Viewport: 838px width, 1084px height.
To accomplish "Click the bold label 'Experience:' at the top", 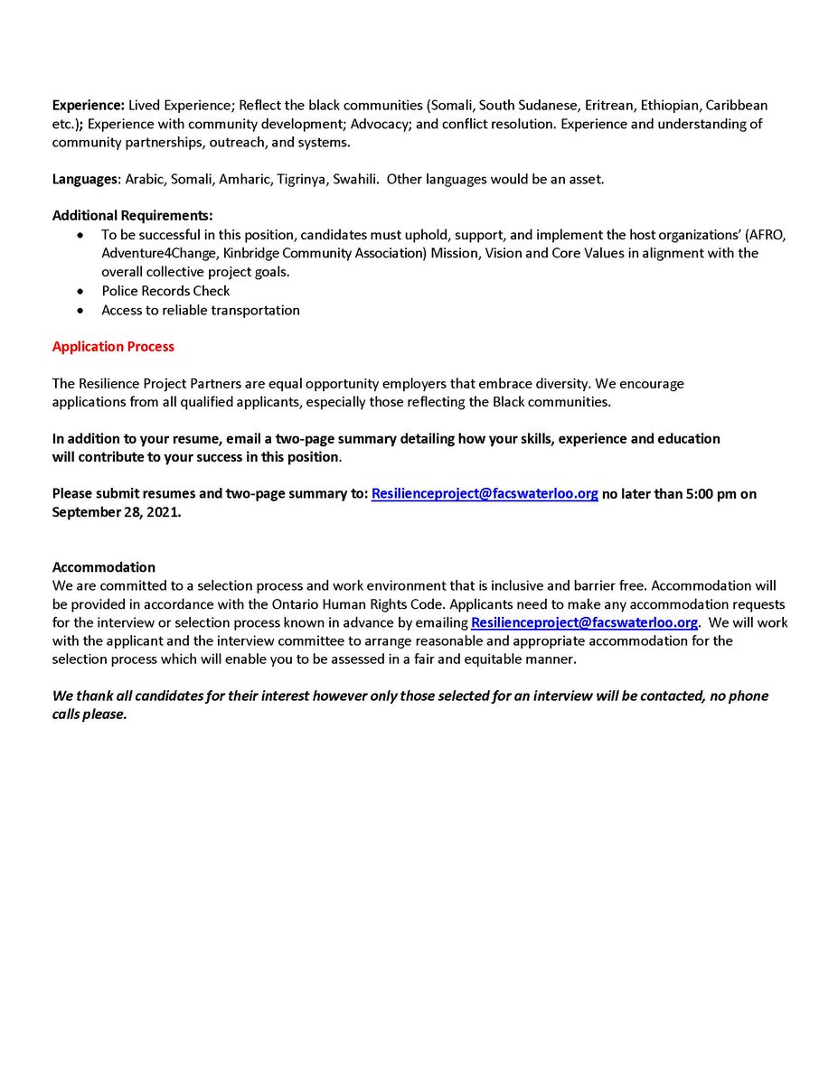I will coord(89,106).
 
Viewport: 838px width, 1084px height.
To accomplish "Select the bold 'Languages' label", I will coord(85,179).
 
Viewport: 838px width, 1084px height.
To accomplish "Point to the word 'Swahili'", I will coord(354,179).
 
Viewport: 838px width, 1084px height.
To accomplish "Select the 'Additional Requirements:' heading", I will coord(133,215).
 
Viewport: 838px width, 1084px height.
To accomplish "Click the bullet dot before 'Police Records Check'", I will coord(82,291).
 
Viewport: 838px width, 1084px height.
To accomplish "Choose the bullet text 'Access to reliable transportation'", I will coord(200,310).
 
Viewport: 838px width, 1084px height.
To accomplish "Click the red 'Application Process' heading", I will coord(113,347).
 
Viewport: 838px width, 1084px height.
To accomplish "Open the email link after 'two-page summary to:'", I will coord(485,493).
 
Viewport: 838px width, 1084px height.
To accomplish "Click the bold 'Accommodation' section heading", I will coord(104,567).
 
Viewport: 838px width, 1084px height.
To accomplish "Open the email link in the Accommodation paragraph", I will coord(584,622).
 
